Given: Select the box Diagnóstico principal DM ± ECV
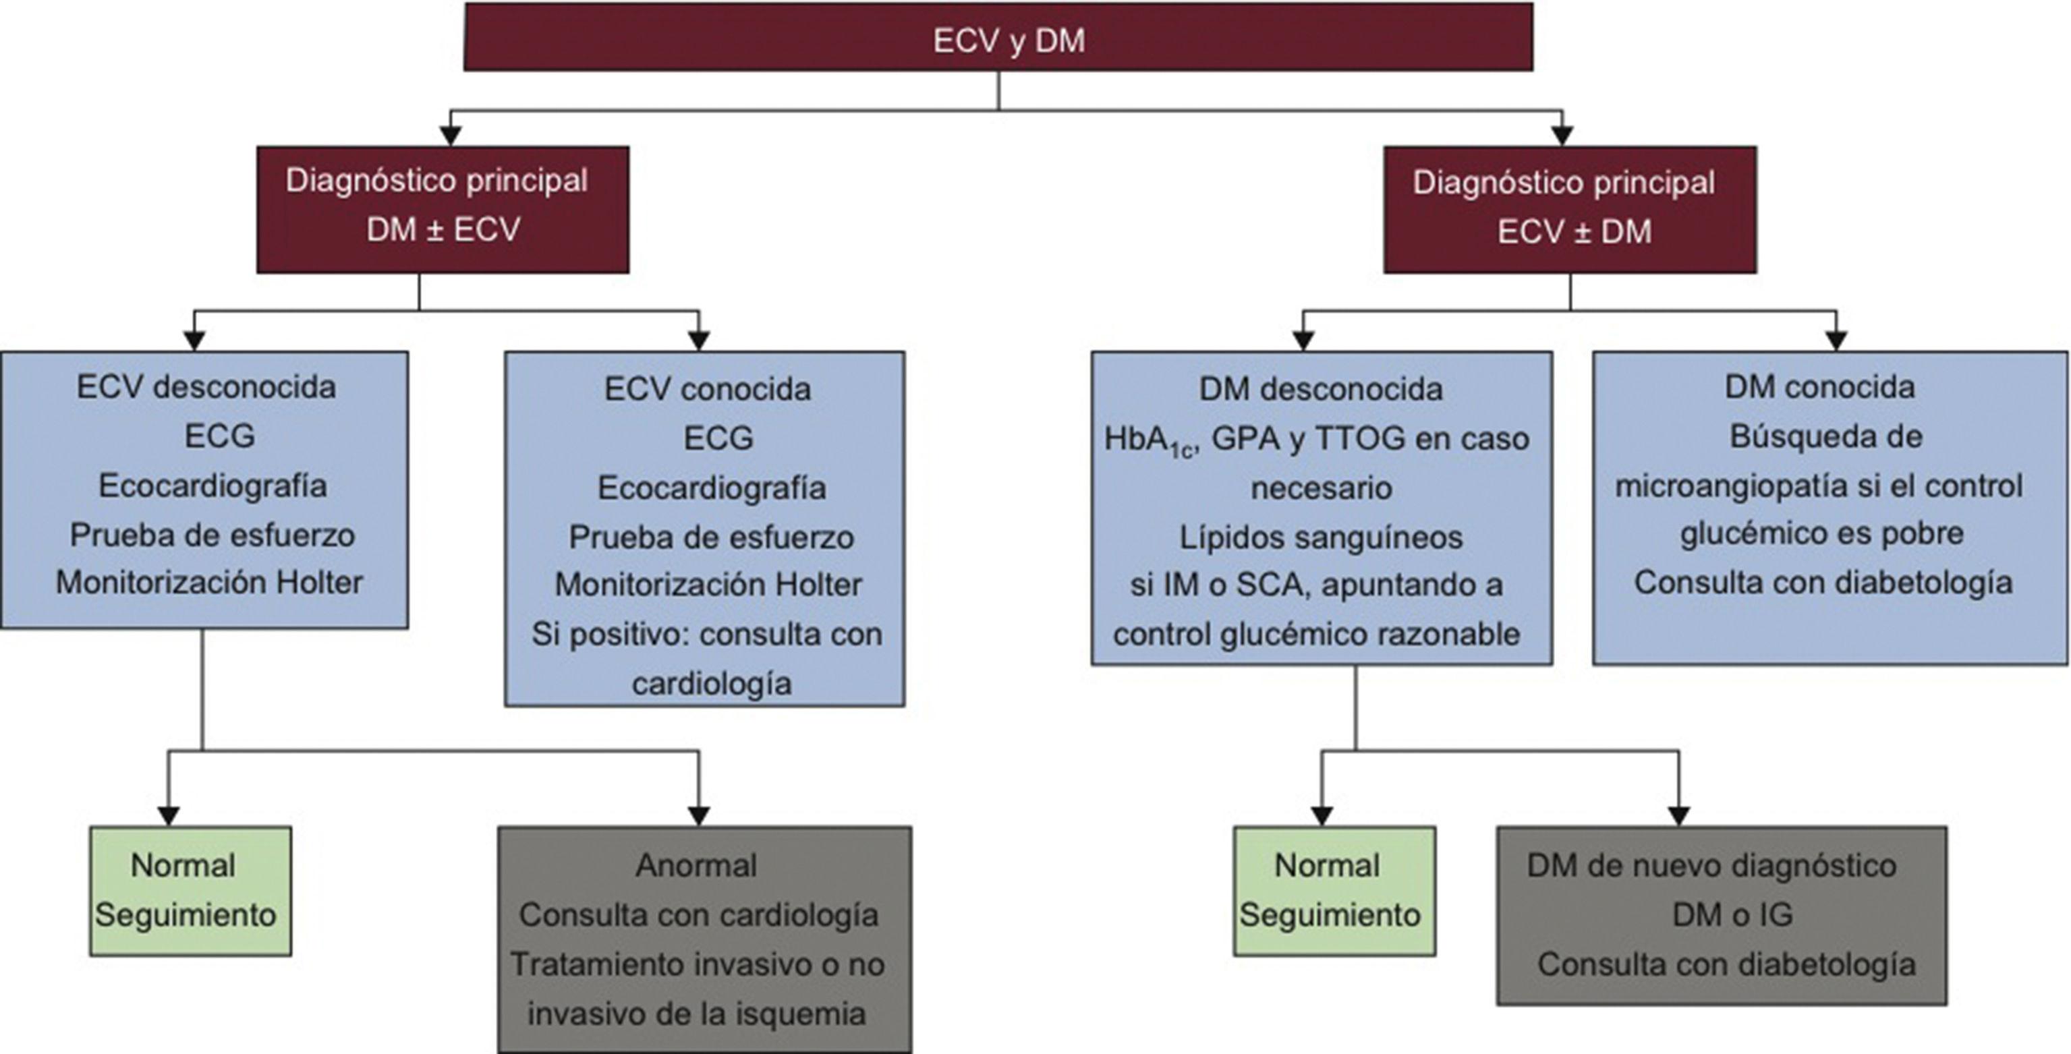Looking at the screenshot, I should click(442, 208).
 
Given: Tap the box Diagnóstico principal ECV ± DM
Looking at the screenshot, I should click(1569, 209).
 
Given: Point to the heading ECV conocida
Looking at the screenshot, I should click(708, 390).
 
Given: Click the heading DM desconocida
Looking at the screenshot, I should click(1321, 390).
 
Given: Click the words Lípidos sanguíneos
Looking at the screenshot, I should click(1321, 537).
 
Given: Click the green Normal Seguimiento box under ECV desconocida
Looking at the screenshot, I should click(190, 891).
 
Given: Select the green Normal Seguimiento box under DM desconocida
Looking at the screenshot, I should click(1334, 891).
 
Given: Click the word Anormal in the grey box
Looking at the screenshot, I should click(696, 866).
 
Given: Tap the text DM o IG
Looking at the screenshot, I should click(1732, 915).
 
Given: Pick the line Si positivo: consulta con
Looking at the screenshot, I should click(706, 635).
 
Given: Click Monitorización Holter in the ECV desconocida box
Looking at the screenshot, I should click(209, 582).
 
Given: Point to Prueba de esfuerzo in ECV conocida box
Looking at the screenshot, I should click(711, 537).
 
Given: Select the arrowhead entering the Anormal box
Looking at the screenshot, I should click(699, 816).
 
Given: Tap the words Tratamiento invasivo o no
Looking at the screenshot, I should click(697, 964).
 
